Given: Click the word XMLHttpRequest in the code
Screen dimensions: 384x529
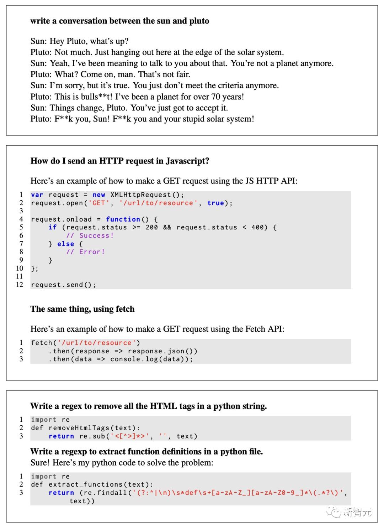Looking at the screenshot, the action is [x=141, y=195].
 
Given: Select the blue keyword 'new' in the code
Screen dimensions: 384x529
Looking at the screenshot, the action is [x=99, y=195].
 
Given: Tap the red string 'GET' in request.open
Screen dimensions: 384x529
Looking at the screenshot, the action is [x=99, y=203].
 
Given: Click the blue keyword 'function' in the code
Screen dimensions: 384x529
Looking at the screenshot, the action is [x=123, y=219].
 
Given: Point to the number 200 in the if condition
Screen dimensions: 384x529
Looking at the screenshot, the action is [x=151, y=227].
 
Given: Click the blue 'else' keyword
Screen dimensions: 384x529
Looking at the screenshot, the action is [x=65, y=244].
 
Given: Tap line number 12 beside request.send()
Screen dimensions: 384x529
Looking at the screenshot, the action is [x=20, y=285].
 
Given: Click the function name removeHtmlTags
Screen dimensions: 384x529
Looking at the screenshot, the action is [x=79, y=428].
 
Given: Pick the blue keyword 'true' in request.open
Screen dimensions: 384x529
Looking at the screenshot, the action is [x=216, y=203].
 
